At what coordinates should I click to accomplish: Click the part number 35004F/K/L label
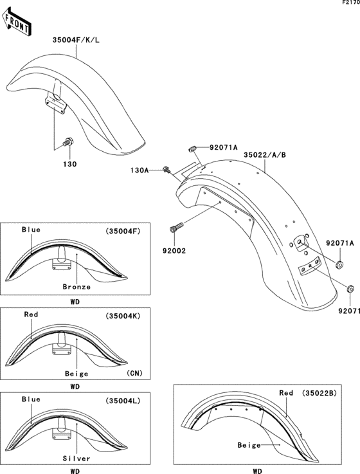(x=76, y=39)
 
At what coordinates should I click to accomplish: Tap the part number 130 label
(x=69, y=164)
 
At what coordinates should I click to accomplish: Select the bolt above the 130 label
(x=66, y=142)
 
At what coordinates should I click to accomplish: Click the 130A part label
(x=139, y=170)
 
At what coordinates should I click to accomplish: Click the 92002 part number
(x=174, y=251)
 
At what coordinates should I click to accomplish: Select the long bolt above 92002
(x=177, y=228)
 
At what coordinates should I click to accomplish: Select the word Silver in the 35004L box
(x=76, y=458)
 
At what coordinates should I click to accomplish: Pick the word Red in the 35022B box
(x=286, y=392)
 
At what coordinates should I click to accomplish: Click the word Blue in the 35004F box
(x=31, y=230)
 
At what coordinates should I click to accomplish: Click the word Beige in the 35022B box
(x=250, y=444)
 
